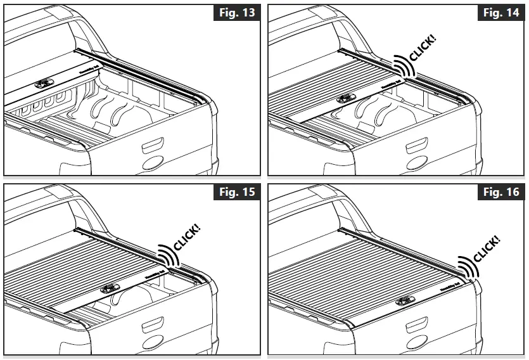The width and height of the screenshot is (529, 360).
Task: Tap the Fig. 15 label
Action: click(238, 192)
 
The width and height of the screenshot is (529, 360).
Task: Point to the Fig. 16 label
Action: click(502, 192)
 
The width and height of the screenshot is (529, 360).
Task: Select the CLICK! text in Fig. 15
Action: click(186, 236)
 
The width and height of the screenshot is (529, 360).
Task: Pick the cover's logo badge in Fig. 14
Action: click(347, 98)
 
